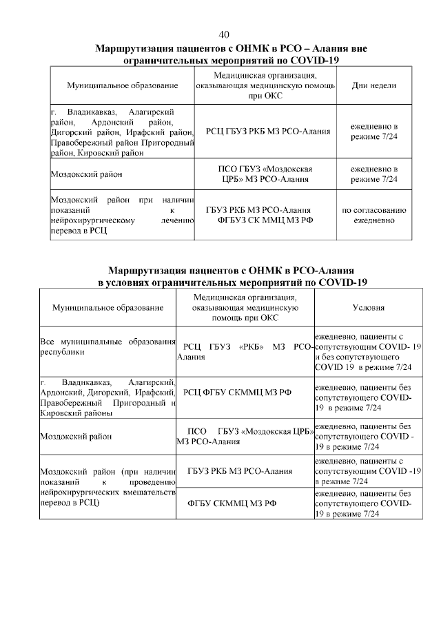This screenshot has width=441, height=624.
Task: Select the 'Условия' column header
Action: [x=368, y=308]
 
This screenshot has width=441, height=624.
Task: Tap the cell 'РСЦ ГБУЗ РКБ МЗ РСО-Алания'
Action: [x=265, y=131]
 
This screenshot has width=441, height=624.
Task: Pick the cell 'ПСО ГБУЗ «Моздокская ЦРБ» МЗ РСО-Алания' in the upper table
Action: [x=265, y=174]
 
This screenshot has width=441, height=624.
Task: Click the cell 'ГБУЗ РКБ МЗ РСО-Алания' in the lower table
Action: [x=240, y=471]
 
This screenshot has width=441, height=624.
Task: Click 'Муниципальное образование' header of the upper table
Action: [x=122, y=85]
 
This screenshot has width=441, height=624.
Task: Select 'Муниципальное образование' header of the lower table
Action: [x=107, y=308]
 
